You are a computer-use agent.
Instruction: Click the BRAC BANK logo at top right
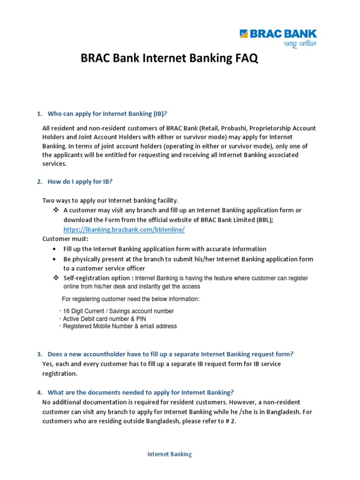click(278, 34)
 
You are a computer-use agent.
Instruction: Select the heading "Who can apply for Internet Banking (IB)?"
click(107, 114)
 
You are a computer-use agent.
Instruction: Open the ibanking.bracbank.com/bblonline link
click(124, 229)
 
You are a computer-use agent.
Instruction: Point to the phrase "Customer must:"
click(62, 239)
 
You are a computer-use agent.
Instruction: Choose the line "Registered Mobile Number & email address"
click(120, 326)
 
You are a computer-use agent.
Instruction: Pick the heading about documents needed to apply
click(140, 392)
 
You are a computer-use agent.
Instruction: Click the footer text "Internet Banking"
click(170, 454)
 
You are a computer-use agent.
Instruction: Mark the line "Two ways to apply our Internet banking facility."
click(110, 200)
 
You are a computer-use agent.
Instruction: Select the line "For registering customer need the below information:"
click(131, 299)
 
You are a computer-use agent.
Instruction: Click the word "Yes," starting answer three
click(48, 364)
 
